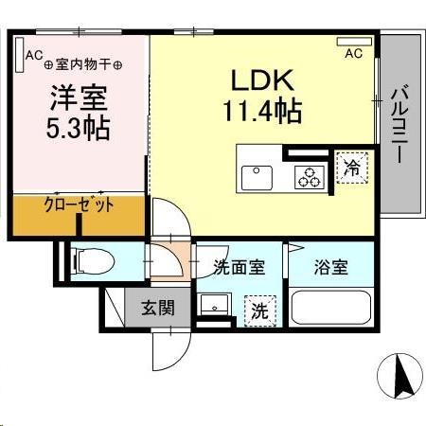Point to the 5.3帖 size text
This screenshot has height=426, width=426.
point(80,127)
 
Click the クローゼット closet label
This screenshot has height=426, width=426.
point(80,204)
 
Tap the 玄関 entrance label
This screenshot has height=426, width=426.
point(159,308)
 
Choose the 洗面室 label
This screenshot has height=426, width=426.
point(239,266)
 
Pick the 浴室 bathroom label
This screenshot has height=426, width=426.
point(332,266)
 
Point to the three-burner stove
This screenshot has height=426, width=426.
point(309,176)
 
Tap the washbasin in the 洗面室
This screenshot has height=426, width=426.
point(215,305)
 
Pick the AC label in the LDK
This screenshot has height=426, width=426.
point(353,53)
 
